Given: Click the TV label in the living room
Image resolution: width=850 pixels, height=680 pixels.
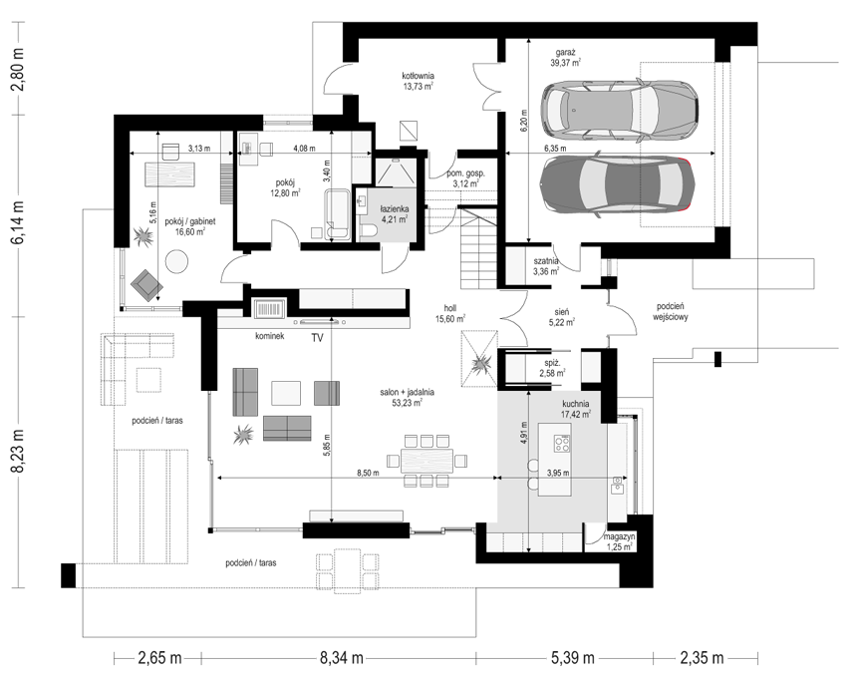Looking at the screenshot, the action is (x=317, y=338).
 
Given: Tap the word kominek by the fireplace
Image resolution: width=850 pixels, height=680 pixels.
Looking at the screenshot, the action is (x=269, y=336).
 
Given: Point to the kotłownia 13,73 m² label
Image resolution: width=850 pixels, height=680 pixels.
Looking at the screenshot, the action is (x=418, y=81).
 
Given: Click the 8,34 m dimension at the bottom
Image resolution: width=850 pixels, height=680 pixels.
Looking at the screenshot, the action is (x=341, y=658).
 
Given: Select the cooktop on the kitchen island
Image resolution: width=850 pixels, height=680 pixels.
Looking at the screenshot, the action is (x=562, y=444).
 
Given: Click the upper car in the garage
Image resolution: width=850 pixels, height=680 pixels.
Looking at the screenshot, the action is (x=620, y=109).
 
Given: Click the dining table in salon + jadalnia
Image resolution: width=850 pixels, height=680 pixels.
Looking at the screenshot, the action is (x=426, y=461).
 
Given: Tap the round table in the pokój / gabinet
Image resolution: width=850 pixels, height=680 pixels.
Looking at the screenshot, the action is (x=176, y=261).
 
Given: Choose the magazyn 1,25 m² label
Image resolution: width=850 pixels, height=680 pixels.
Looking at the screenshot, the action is (x=619, y=541).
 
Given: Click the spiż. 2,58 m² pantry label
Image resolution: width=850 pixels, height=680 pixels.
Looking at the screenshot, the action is (x=552, y=368).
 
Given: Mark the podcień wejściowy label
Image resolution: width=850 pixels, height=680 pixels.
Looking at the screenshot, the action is (x=670, y=312).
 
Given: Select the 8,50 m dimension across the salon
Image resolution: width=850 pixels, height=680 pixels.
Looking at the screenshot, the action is (x=368, y=473).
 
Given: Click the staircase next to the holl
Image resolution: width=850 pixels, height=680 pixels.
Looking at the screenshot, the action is (x=477, y=250).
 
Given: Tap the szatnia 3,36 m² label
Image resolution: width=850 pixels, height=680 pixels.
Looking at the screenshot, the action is (x=546, y=266).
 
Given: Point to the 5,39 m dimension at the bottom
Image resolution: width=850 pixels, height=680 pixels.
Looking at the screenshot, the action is (x=572, y=658).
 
